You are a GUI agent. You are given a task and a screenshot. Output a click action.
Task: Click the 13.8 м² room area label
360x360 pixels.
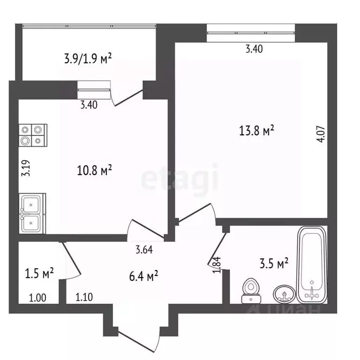[256, 131]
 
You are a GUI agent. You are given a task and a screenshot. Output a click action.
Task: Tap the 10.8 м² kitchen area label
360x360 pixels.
[94, 170]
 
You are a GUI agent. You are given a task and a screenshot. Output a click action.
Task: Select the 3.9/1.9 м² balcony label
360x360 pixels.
[88, 59]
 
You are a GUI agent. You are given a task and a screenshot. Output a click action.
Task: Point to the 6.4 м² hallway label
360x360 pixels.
[143, 276]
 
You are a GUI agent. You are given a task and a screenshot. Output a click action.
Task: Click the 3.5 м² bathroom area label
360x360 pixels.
[274, 263]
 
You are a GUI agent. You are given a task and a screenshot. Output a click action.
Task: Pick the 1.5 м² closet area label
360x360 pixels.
[39, 273]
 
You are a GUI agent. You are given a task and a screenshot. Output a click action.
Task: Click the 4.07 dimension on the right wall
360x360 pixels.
[322, 134]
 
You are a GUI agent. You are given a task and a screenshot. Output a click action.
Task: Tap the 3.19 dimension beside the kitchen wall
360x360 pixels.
[26, 168]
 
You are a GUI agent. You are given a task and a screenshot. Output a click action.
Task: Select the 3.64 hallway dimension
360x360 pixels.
[144, 249]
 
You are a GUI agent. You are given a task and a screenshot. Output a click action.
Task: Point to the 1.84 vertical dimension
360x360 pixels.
[217, 265]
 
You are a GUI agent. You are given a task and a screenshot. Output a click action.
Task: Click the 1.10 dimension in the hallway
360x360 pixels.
[84, 297]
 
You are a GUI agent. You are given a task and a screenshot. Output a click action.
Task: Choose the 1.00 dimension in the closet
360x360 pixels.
[37, 298]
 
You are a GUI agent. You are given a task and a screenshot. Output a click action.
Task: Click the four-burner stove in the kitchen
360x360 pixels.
[33, 135]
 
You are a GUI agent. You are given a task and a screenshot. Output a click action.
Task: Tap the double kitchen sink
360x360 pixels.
[32, 214]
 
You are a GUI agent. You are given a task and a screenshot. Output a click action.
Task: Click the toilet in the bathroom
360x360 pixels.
[251, 291]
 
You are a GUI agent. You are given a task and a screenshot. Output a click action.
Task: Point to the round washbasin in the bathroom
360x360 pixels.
[284, 293]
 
